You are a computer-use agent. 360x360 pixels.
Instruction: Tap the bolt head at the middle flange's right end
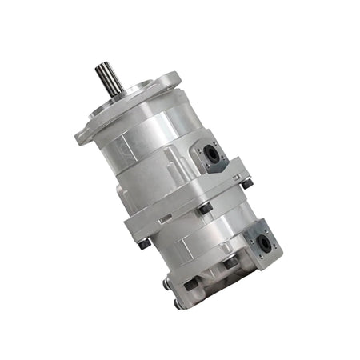pos(247,183)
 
